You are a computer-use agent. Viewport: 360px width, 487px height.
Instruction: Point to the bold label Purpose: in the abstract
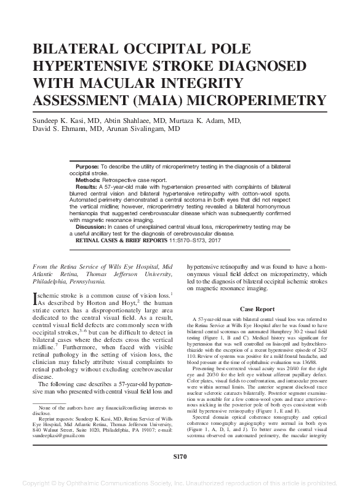coord(87,167)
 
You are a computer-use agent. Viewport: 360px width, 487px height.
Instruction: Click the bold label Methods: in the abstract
coord(89,179)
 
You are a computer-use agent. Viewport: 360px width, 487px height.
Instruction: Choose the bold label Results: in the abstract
coord(87,185)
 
